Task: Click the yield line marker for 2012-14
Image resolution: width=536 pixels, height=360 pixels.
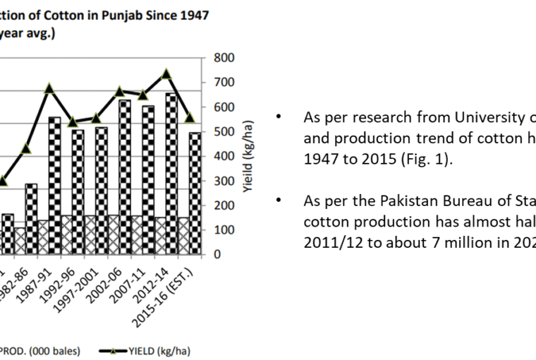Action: click(166, 73)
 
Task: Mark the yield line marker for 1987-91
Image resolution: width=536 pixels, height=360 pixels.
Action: click(49, 88)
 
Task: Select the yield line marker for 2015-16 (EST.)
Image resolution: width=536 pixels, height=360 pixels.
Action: click(190, 117)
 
